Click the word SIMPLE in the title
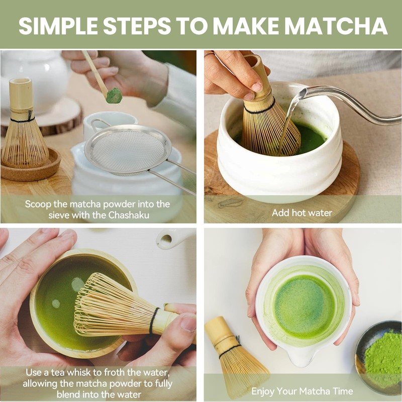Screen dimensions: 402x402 click(x=58, y=26)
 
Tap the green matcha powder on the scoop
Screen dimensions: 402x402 click(x=114, y=95)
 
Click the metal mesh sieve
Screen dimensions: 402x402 click(x=128, y=150)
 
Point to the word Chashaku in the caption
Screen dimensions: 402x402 click(x=129, y=215)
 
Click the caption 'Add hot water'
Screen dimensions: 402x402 click(x=302, y=213)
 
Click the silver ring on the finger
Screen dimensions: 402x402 click(x=209, y=54)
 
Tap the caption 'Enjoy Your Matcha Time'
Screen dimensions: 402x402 click(x=302, y=391)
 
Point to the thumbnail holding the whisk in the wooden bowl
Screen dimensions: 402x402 click(x=189, y=324)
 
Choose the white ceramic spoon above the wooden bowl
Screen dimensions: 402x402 click(x=174, y=238)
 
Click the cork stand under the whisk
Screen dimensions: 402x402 click(x=31, y=167)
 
